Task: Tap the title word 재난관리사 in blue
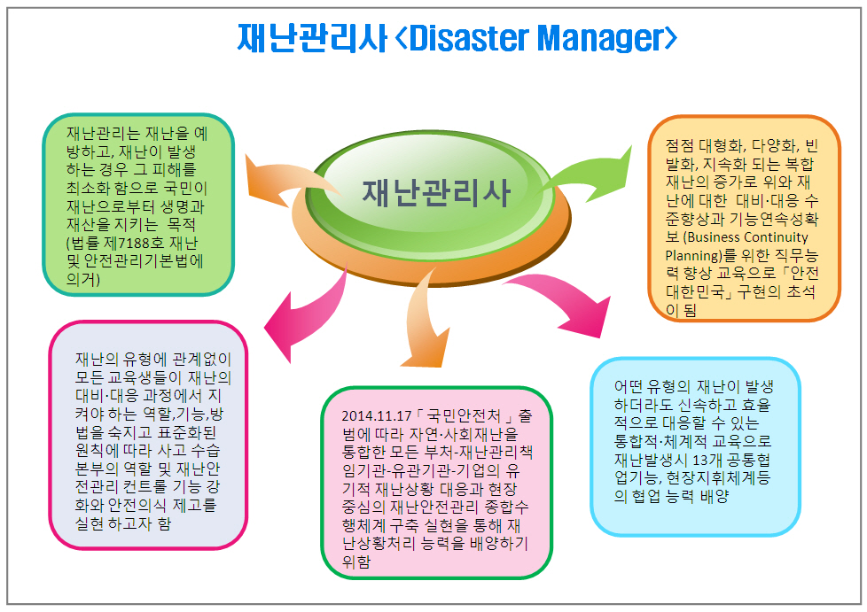point(312,38)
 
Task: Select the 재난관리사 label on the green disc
point(435,193)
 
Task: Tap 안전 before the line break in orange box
point(805,274)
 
